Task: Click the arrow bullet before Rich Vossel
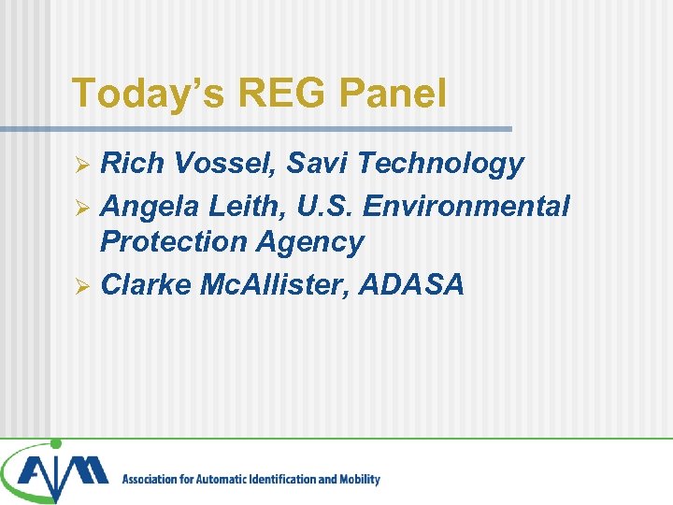click(x=81, y=166)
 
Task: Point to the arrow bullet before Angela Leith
click(x=81, y=206)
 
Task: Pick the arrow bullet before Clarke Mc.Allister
click(x=81, y=285)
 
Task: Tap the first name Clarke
click(x=145, y=284)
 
